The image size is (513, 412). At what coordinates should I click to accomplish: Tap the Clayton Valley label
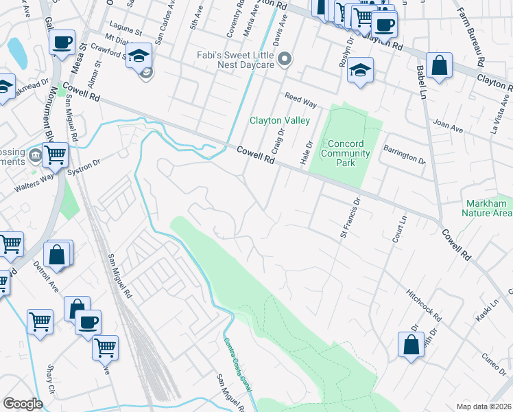coord(274,120)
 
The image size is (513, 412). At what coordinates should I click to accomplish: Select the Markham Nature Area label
coord(488,209)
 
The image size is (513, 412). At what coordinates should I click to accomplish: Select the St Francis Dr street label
coord(349,219)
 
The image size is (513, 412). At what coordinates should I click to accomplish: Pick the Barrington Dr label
coord(405,153)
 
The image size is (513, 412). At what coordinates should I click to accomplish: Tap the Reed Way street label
coord(301,101)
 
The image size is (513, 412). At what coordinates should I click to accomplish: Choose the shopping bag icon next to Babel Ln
coord(439,67)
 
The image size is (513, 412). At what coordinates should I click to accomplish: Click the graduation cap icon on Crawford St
coord(140,55)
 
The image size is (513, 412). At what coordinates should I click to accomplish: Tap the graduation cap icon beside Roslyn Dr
coord(360,71)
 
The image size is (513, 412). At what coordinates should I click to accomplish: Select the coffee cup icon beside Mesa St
coord(62,43)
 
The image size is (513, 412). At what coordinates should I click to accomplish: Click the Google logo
coord(23,404)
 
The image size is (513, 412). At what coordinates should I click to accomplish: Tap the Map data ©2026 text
coord(484,407)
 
